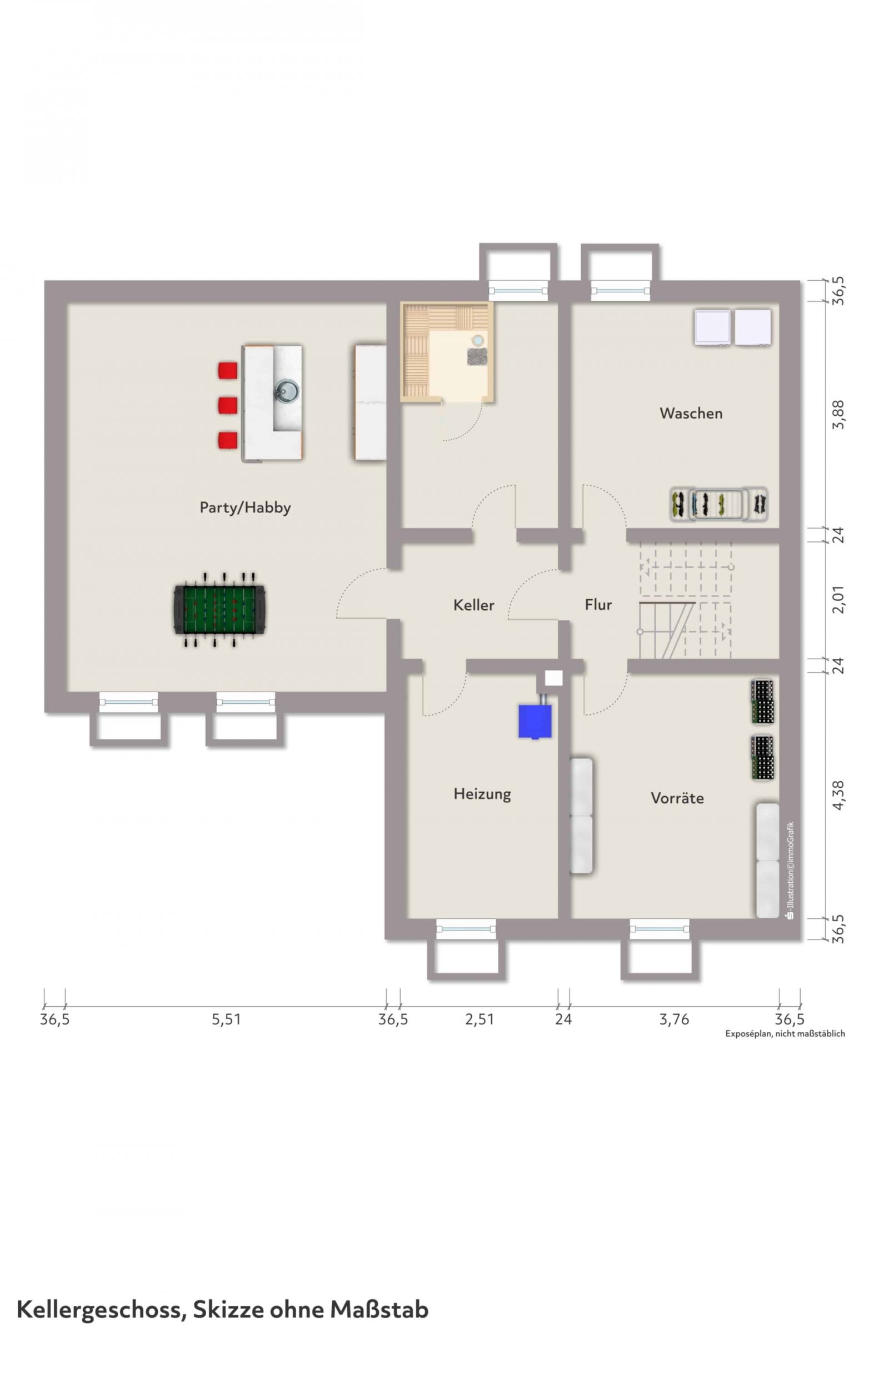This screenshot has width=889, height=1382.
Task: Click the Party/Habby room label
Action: tap(245, 508)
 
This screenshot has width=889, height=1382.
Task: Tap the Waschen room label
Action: tap(691, 413)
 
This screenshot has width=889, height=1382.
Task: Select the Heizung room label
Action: tap(482, 794)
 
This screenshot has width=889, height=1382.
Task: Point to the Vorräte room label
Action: tap(677, 798)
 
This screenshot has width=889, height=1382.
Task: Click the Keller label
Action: tap(473, 605)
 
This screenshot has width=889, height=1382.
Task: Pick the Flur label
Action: tap(598, 604)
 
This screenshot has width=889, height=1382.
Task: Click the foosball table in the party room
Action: tap(219, 609)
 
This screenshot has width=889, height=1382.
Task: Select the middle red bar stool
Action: tap(227, 405)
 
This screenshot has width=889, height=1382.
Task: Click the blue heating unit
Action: tap(535, 721)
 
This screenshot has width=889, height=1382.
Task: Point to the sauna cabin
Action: tap(448, 351)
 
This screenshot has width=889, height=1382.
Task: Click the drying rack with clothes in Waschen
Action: tap(719, 504)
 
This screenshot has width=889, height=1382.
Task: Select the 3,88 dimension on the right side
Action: tap(838, 414)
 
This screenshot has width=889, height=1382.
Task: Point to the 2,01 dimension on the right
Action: tap(838, 599)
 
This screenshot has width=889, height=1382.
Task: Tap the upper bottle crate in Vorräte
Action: tap(762, 702)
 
